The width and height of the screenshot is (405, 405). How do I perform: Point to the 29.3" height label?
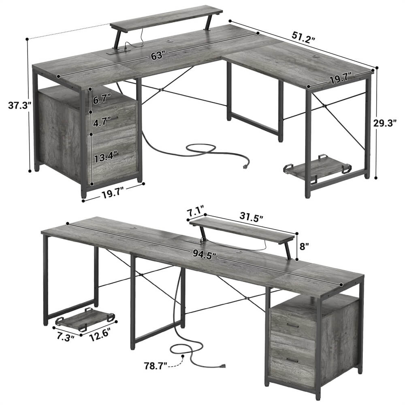388,124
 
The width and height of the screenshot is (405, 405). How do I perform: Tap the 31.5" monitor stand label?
248,218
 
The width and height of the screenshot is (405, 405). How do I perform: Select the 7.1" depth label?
196,211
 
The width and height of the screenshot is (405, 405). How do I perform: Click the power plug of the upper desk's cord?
245,166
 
